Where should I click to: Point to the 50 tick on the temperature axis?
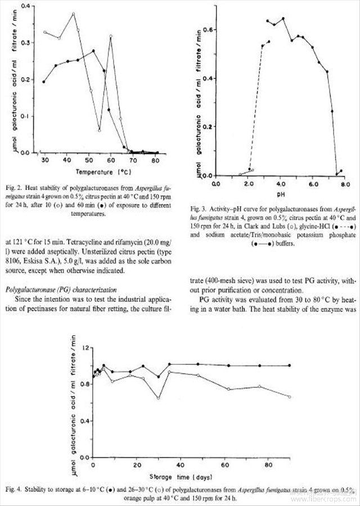(89, 159)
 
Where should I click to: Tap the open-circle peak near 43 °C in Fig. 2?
(73, 13)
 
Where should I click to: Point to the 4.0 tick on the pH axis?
(280, 183)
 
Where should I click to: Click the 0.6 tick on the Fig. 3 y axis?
(209, 29)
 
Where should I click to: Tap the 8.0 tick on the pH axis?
(345, 183)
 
